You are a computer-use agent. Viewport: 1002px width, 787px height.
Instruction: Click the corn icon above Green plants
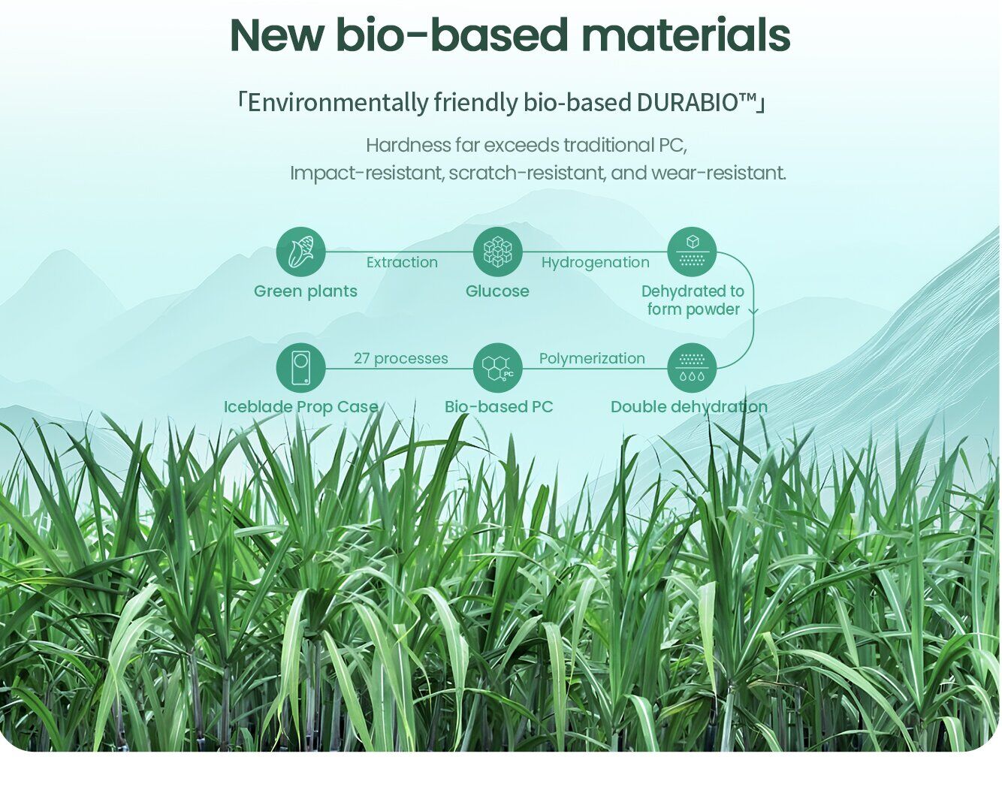click(x=300, y=252)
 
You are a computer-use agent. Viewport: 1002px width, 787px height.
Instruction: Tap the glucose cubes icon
click(x=497, y=252)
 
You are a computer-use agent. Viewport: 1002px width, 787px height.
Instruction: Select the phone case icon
click(x=300, y=368)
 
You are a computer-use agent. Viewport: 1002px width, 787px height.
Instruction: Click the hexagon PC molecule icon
click(x=497, y=368)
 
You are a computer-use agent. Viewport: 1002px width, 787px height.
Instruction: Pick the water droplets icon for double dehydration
click(x=692, y=368)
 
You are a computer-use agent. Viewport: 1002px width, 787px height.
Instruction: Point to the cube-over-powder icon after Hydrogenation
click(x=692, y=252)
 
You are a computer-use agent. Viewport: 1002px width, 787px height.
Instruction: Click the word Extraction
click(x=402, y=262)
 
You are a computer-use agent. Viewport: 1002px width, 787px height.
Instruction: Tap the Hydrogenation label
click(x=596, y=263)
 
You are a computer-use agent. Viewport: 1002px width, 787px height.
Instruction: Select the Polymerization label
click(x=592, y=359)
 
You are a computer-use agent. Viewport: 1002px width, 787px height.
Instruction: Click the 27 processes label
click(x=400, y=359)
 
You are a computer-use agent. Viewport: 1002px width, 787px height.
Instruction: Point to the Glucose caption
click(x=497, y=291)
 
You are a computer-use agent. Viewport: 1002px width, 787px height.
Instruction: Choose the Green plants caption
click(x=305, y=292)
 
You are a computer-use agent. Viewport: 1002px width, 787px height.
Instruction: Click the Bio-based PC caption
click(x=499, y=406)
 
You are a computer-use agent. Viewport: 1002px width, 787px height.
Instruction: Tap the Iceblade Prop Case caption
click(x=300, y=407)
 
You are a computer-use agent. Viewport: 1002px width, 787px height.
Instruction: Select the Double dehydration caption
click(x=689, y=407)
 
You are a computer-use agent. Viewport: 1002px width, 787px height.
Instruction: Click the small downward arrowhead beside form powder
click(x=753, y=312)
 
